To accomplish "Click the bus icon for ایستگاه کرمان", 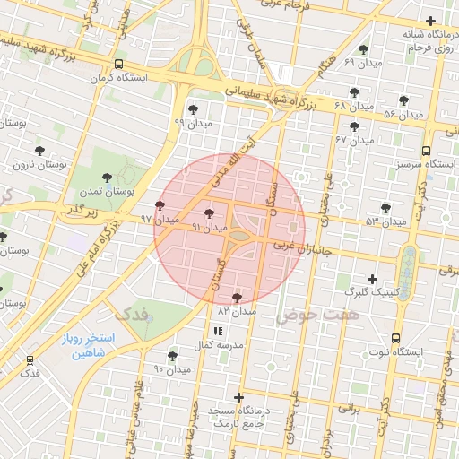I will (x=119, y=64).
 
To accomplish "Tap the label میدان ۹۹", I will (x=193, y=123).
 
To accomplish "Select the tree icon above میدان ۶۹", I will (x=363, y=50).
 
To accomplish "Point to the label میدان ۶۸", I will (x=352, y=106).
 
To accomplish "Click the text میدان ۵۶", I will (x=403, y=115).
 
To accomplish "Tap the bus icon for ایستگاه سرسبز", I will (x=426, y=151).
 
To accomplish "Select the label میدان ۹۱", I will (x=209, y=228).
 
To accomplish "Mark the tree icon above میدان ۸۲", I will (x=237, y=297).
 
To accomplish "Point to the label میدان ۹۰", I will (x=172, y=368).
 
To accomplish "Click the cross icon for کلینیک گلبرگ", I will (x=372, y=279).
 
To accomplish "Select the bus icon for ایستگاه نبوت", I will (x=395, y=338).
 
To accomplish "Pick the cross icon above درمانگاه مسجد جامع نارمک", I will (x=238, y=397).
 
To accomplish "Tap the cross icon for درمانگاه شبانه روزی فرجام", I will (x=431, y=22).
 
